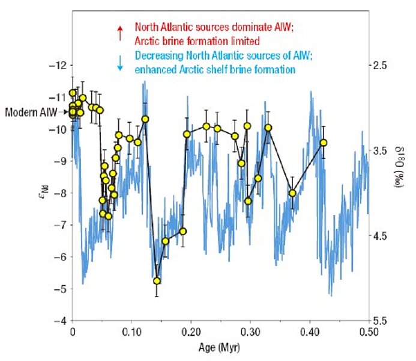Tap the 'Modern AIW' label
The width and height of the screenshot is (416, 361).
tap(32, 112)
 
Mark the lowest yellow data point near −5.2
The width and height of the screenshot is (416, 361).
tap(157, 281)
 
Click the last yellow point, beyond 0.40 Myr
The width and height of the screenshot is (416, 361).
tap(324, 143)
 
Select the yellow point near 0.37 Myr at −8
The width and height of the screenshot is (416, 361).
tap(292, 193)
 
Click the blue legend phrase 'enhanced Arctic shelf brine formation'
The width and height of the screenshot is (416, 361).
tap(216, 70)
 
